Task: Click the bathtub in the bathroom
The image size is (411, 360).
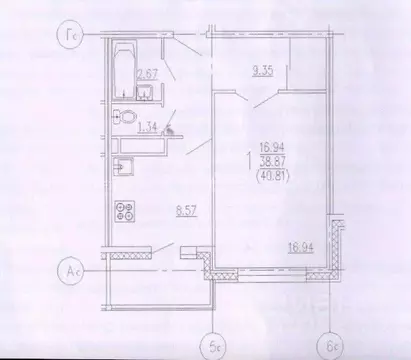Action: pos(124,64)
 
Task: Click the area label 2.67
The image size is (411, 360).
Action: pos(146,73)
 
